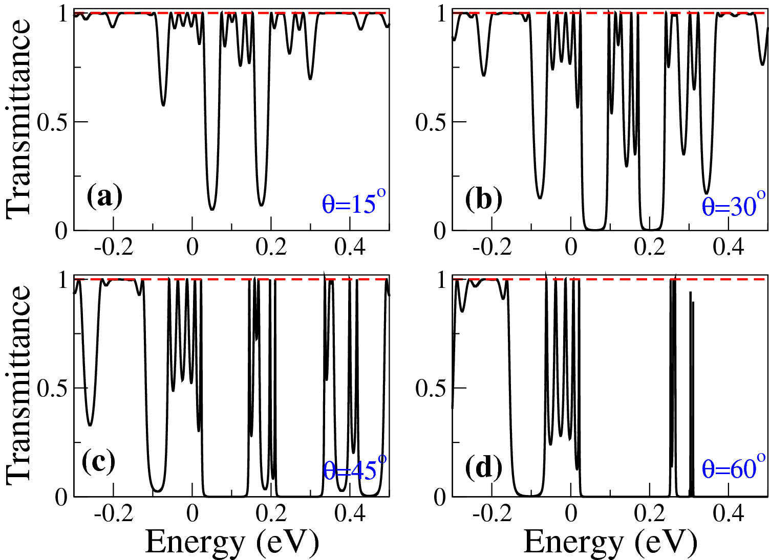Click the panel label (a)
click(x=104, y=197)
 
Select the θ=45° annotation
click(x=355, y=468)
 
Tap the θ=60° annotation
click(x=734, y=467)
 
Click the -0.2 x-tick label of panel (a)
click(x=114, y=248)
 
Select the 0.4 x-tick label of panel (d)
click(x=729, y=513)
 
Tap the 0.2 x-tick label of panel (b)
click(x=650, y=248)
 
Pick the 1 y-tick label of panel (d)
click(x=441, y=280)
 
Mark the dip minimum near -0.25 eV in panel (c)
click(x=90, y=425)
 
